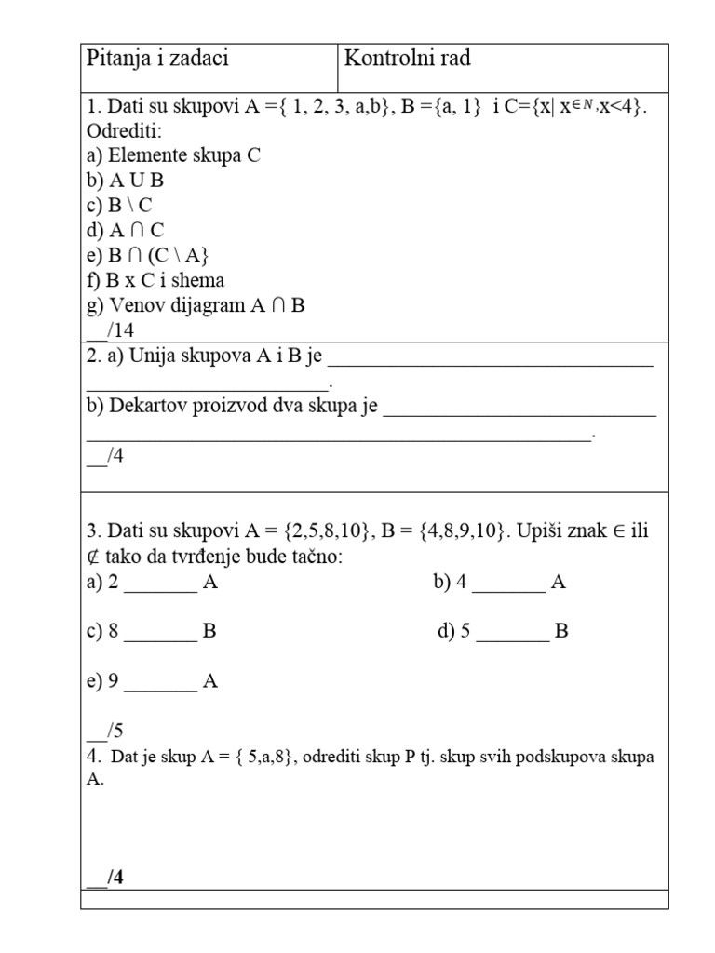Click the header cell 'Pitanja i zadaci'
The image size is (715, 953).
click(157, 60)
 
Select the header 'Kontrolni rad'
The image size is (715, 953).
click(408, 60)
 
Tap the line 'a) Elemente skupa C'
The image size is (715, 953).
click(173, 155)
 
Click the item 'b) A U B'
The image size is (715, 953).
click(125, 181)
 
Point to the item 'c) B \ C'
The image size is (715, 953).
click(119, 206)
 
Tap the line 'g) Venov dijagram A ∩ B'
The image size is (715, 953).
click(196, 305)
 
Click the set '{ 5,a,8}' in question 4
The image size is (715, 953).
click(266, 758)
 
